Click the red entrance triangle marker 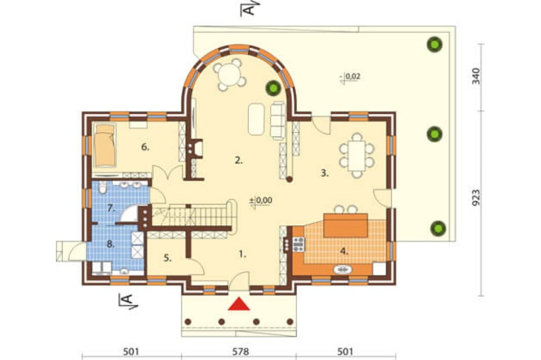pos(239,304)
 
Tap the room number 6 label pos(145,147)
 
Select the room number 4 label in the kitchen pos(344,251)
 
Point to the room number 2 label pos(239,161)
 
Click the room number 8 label pos(110,244)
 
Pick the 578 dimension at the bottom pos(241,351)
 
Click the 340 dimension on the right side pos(476,76)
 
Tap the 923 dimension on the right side pos(476,198)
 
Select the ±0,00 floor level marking pos(261,201)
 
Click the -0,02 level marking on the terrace pos(350,77)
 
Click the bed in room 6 pos(105,145)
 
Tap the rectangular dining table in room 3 pos(357,156)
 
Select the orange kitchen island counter pos(346,225)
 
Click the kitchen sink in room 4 pos(343,270)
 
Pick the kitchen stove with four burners pos(299,244)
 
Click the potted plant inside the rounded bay pos(273,88)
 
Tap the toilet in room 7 pos(102,188)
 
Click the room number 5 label pos(168,258)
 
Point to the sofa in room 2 pos(278,121)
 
